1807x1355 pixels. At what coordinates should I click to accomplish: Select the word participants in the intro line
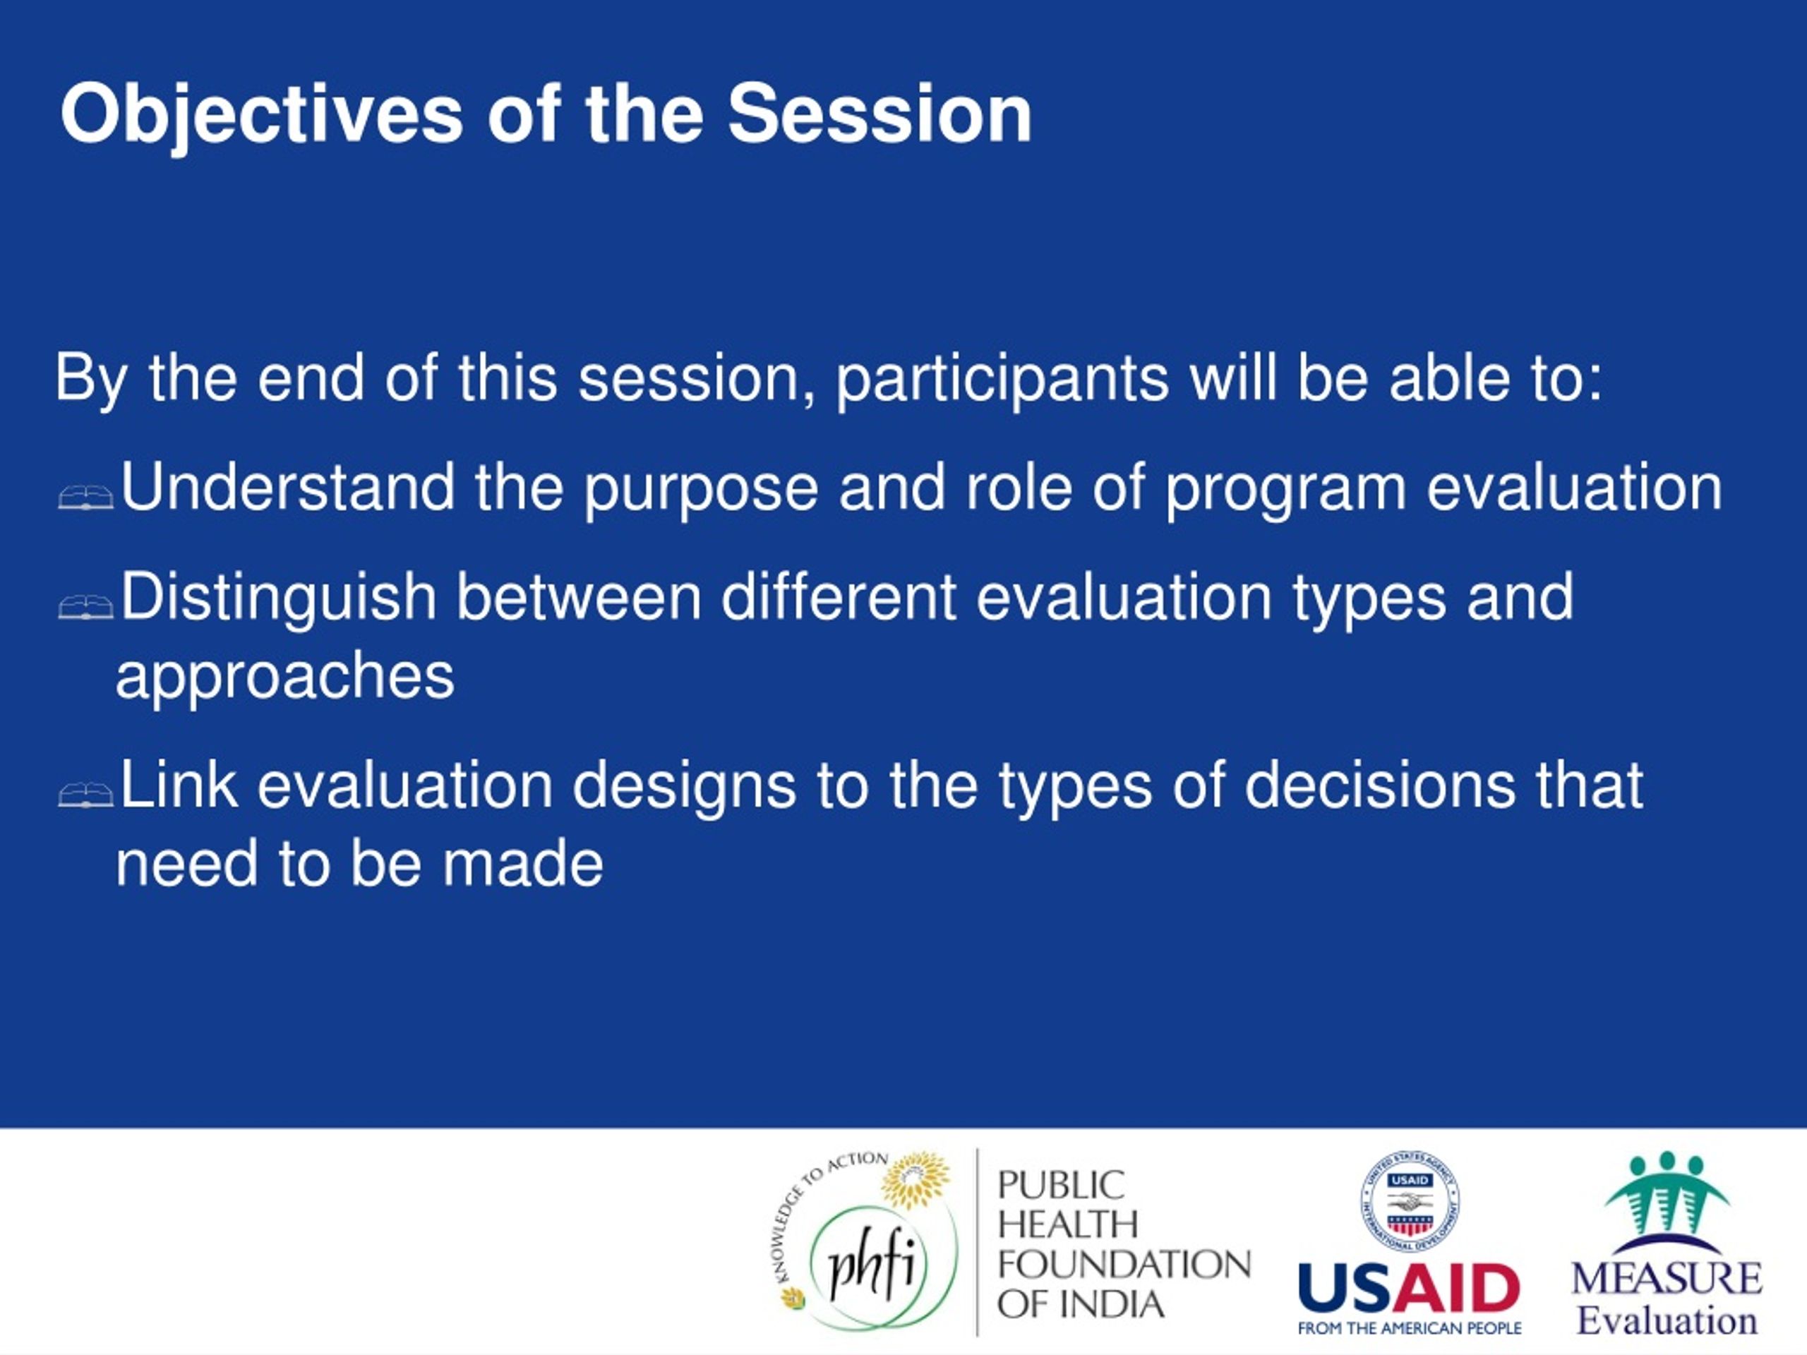coord(1002,380)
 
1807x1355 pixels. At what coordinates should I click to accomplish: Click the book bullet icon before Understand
coord(86,497)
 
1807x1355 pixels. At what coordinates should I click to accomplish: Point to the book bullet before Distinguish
coord(86,607)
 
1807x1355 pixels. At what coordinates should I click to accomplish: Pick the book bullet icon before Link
coord(86,795)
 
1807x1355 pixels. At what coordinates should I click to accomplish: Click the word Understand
coord(287,487)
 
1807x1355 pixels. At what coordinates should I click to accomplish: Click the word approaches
coord(285,680)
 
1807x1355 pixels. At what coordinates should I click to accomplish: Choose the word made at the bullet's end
coord(523,863)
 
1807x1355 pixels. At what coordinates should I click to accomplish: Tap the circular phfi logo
coord(869,1266)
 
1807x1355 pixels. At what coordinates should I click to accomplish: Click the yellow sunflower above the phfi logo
coord(915,1180)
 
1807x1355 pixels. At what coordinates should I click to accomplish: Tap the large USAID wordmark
coord(1409,1287)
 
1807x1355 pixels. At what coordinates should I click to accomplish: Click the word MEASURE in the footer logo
coord(1667,1278)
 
